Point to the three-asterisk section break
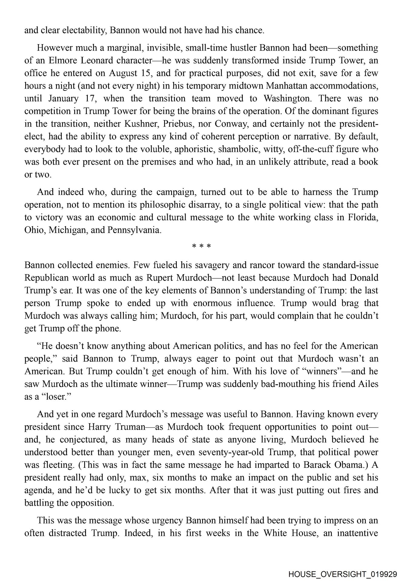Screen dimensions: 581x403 coord(201,246)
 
